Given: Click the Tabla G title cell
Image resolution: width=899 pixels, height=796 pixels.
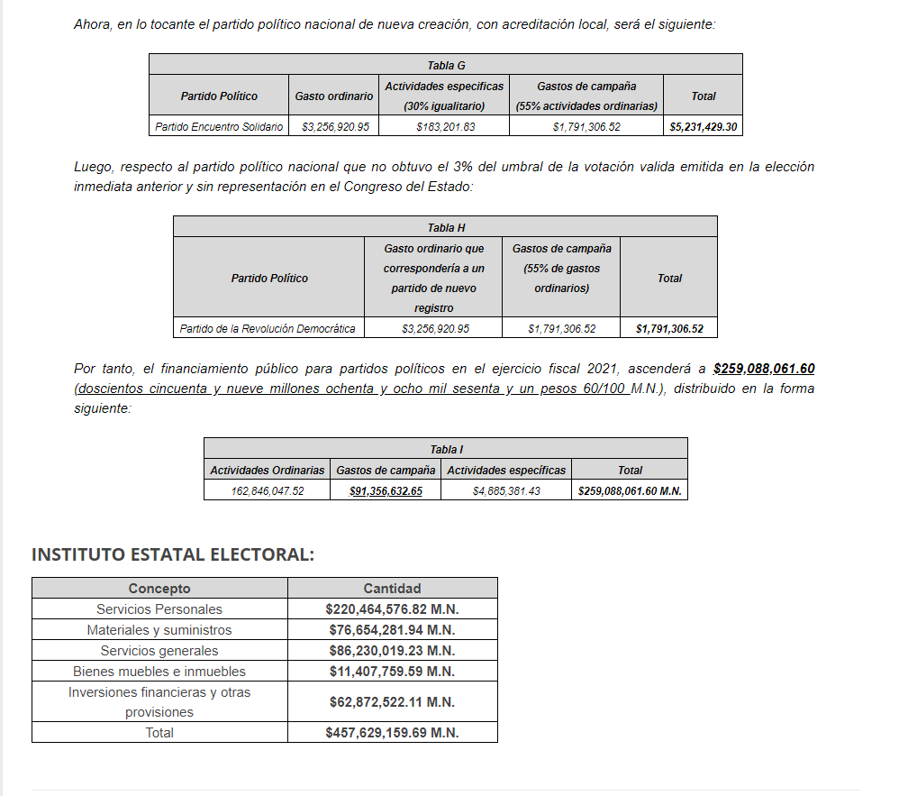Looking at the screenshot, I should click(x=446, y=65).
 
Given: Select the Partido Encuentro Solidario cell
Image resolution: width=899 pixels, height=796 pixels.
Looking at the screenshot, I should click(x=219, y=127).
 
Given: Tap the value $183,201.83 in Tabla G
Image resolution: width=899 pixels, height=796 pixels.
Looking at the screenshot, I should click(x=445, y=127).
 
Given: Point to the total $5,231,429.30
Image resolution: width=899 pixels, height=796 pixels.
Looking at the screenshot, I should click(x=704, y=127).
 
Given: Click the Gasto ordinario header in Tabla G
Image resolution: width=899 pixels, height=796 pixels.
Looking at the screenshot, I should click(x=333, y=96).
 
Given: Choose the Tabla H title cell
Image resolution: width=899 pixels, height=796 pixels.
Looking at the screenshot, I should click(x=446, y=228).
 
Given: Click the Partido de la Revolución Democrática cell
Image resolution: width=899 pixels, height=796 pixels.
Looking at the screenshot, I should click(x=268, y=329).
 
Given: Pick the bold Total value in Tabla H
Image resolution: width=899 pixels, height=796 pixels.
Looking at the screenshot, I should click(x=669, y=329).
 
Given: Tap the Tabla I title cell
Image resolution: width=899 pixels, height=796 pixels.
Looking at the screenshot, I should click(x=446, y=449).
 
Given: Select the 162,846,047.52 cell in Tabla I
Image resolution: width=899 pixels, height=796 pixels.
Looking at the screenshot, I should click(x=268, y=491).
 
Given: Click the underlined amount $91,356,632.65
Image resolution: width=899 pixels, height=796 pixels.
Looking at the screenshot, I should click(x=386, y=491).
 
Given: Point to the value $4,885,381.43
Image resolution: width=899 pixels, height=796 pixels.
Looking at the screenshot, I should click(x=506, y=491).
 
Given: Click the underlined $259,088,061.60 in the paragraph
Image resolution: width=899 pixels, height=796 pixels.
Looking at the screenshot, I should click(x=763, y=369).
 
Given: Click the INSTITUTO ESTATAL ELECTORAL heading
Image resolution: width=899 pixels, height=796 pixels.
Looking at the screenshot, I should click(x=173, y=554).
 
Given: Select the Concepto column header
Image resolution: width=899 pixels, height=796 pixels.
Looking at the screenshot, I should click(x=159, y=589).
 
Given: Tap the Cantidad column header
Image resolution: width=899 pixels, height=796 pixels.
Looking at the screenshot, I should click(x=392, y=589).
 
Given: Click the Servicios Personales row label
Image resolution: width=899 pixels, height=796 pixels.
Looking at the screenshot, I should click(x=159, y=609).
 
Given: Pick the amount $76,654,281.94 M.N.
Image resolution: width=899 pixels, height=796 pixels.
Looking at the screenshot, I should click(x=392, y=630).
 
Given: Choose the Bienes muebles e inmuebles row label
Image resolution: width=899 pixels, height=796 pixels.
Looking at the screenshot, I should click(x=159, y=672).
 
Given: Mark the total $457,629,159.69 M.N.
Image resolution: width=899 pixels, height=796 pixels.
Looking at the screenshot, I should click(x=392, y=733).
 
